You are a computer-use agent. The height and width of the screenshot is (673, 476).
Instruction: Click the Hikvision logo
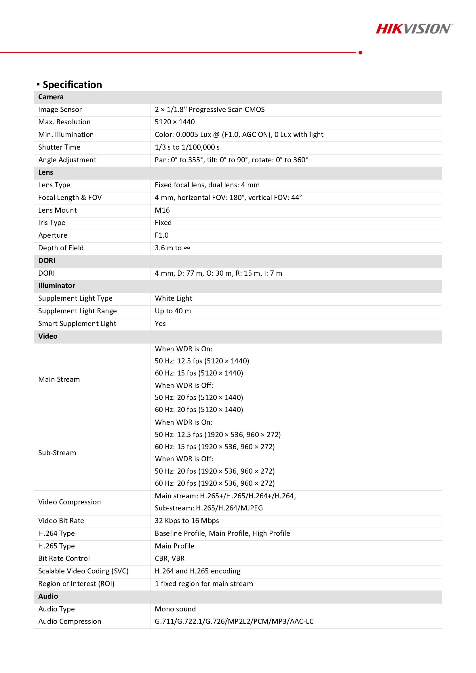click(414, 29)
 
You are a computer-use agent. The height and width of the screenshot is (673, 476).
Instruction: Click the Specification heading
click(72, 85)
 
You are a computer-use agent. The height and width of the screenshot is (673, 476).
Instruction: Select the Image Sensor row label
click(60, 110)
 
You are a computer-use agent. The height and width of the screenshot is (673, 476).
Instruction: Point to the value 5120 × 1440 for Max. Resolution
click(175, 122)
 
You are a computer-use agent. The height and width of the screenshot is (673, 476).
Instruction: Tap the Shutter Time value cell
click(187, 147)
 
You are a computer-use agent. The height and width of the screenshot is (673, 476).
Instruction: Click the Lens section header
click(46, 172)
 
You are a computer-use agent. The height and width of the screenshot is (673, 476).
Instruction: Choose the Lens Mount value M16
click(162, 210)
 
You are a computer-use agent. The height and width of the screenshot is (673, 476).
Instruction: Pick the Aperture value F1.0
click(161, 235)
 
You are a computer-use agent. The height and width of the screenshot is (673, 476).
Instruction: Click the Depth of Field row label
click(61, 248)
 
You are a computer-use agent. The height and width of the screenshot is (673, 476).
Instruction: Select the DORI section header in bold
click(47, 261)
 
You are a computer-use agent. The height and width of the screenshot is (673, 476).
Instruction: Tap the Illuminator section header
click(57, 286)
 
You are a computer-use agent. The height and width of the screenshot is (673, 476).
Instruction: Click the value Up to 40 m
click(173, 311)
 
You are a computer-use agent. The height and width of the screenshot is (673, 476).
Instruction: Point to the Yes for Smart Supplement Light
click(160, 324)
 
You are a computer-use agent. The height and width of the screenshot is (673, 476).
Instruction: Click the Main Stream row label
click(59, 380)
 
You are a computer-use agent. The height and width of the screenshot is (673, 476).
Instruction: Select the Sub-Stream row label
click(57, 453)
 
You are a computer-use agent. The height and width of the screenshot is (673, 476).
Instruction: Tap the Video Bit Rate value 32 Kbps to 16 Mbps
click(187, 521)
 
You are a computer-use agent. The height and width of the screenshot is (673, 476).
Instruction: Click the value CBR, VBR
click(170, 558)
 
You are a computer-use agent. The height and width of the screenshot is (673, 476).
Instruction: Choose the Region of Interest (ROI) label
click(76, 584)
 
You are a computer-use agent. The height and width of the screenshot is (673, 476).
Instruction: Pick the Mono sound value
click(175, 609)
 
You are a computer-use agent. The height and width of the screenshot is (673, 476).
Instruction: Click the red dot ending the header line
click(360, 52)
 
